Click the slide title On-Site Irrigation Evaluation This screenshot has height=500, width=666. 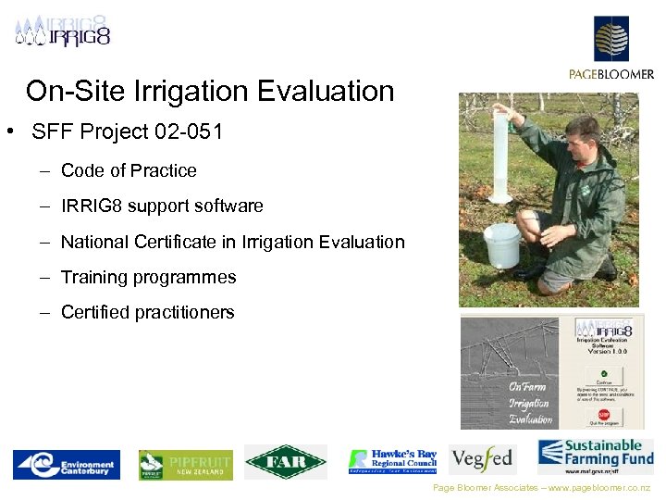tap(210, 92)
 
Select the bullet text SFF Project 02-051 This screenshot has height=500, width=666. tap(127, 131)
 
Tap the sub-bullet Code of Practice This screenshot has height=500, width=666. tap(129, 170)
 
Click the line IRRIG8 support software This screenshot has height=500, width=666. tap(162, 206)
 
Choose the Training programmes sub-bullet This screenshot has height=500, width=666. tap(148, 277)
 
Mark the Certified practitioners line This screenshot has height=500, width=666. tap(147, 312)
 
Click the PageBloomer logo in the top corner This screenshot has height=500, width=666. tap(611, 46)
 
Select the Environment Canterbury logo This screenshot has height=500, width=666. tap(65, 464)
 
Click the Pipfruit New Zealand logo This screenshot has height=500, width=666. tap(186, 464)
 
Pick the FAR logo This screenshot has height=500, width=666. tap(285, 461)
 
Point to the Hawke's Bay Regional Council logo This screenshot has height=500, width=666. tap(392, 460)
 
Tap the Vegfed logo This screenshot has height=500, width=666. tap(482, 459)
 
